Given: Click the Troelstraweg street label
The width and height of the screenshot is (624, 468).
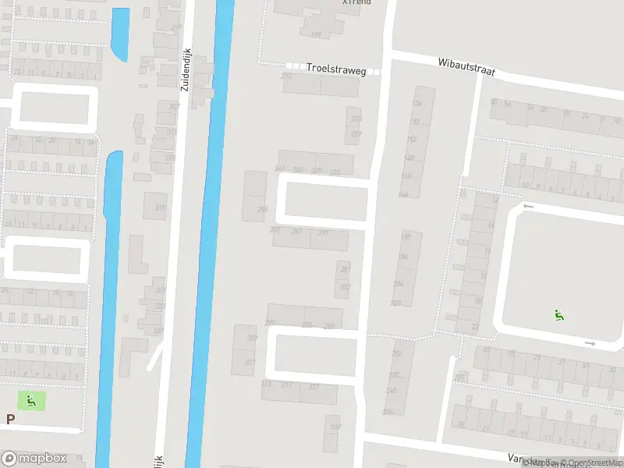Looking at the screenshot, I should click(x=335, y=69).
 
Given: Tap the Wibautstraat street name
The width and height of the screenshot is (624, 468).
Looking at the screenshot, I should click(x=466, y=66).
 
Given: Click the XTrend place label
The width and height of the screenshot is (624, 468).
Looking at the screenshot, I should click(x=356, y=3).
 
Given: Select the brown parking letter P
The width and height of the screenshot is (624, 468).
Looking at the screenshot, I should click(x=10, y=419).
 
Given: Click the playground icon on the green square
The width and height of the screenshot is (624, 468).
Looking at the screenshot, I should click(x=31, y=401).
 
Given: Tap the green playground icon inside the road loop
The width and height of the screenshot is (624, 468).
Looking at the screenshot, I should click(x=558, y=315).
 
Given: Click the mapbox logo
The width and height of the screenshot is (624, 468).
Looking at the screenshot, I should click(x=34, y=459).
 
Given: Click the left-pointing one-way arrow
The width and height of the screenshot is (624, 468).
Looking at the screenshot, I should click(x=528, y=207).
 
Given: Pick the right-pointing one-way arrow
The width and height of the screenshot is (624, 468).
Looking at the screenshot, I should click(x=590, y=343).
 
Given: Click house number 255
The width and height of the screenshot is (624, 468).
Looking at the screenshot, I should click(x=262, y=209).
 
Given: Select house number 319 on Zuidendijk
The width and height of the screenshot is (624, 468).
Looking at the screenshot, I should click(x=161, y=207).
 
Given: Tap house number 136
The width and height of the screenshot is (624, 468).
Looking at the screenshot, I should click(x=417, y=104).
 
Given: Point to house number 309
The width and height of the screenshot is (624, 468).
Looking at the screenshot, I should click(x=252, y=339).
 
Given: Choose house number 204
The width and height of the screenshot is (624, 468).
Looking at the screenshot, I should click(x=399, y=284).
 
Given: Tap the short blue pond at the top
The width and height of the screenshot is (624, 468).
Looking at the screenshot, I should click(x=121, y=34).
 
